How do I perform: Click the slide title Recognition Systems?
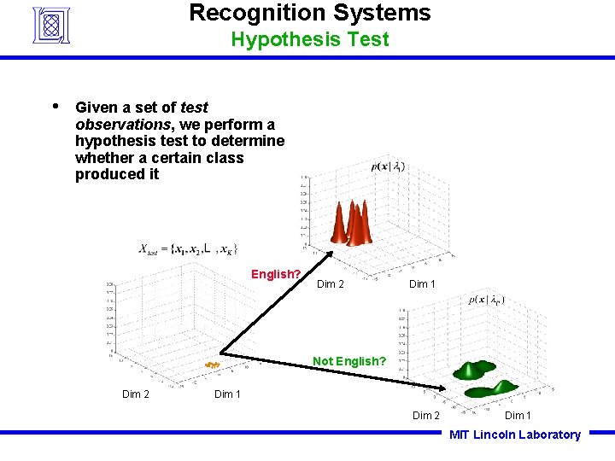(x=309, y=13)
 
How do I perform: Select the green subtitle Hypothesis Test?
(x=309, y=39)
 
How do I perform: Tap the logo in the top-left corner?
(x=50, y=25)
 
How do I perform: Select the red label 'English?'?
(x=275, y=274)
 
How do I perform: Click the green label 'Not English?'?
(x=349, y=361)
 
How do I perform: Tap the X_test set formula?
(x=188, y=248)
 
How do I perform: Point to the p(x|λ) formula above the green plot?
(x=487, y=300)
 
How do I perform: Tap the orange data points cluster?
(x=212, y=365)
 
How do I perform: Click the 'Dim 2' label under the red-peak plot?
(x=331, y=284)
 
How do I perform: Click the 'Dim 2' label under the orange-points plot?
(x=136, y=394)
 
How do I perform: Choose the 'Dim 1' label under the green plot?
(x=518, y=416)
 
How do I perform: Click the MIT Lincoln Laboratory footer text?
(x=514, y=435)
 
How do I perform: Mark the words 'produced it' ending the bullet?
(x=117, y=174)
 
